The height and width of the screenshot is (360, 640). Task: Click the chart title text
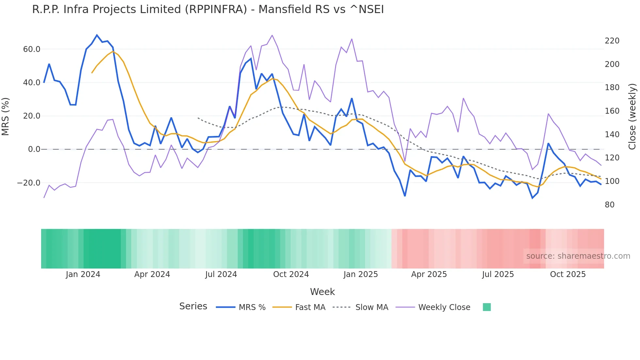tap(208, 9)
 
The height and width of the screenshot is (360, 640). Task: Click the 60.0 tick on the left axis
tap(32, 49)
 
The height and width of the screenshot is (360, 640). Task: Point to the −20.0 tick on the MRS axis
tap(29, 183)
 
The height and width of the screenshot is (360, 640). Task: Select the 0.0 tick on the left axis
tap(34, 149)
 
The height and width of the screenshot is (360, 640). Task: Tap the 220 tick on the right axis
tap(612, 41)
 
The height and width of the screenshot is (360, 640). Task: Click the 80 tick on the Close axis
tap(609, 205)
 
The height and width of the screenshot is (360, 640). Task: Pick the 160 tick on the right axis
tap(612, 111)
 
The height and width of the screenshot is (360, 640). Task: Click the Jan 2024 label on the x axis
tap(83, 274)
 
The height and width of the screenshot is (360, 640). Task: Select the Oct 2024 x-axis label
tap(291, 274)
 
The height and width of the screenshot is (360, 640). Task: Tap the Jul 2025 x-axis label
tap(498, 274)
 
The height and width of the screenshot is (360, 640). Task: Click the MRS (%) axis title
tap(6, 116)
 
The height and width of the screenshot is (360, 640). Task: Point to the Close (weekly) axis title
tap(632, 116)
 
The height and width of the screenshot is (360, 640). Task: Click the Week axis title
tap(322, 292)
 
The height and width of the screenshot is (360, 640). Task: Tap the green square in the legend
tap(487, 307)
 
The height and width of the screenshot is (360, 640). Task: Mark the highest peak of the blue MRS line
tap(97, 35)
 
